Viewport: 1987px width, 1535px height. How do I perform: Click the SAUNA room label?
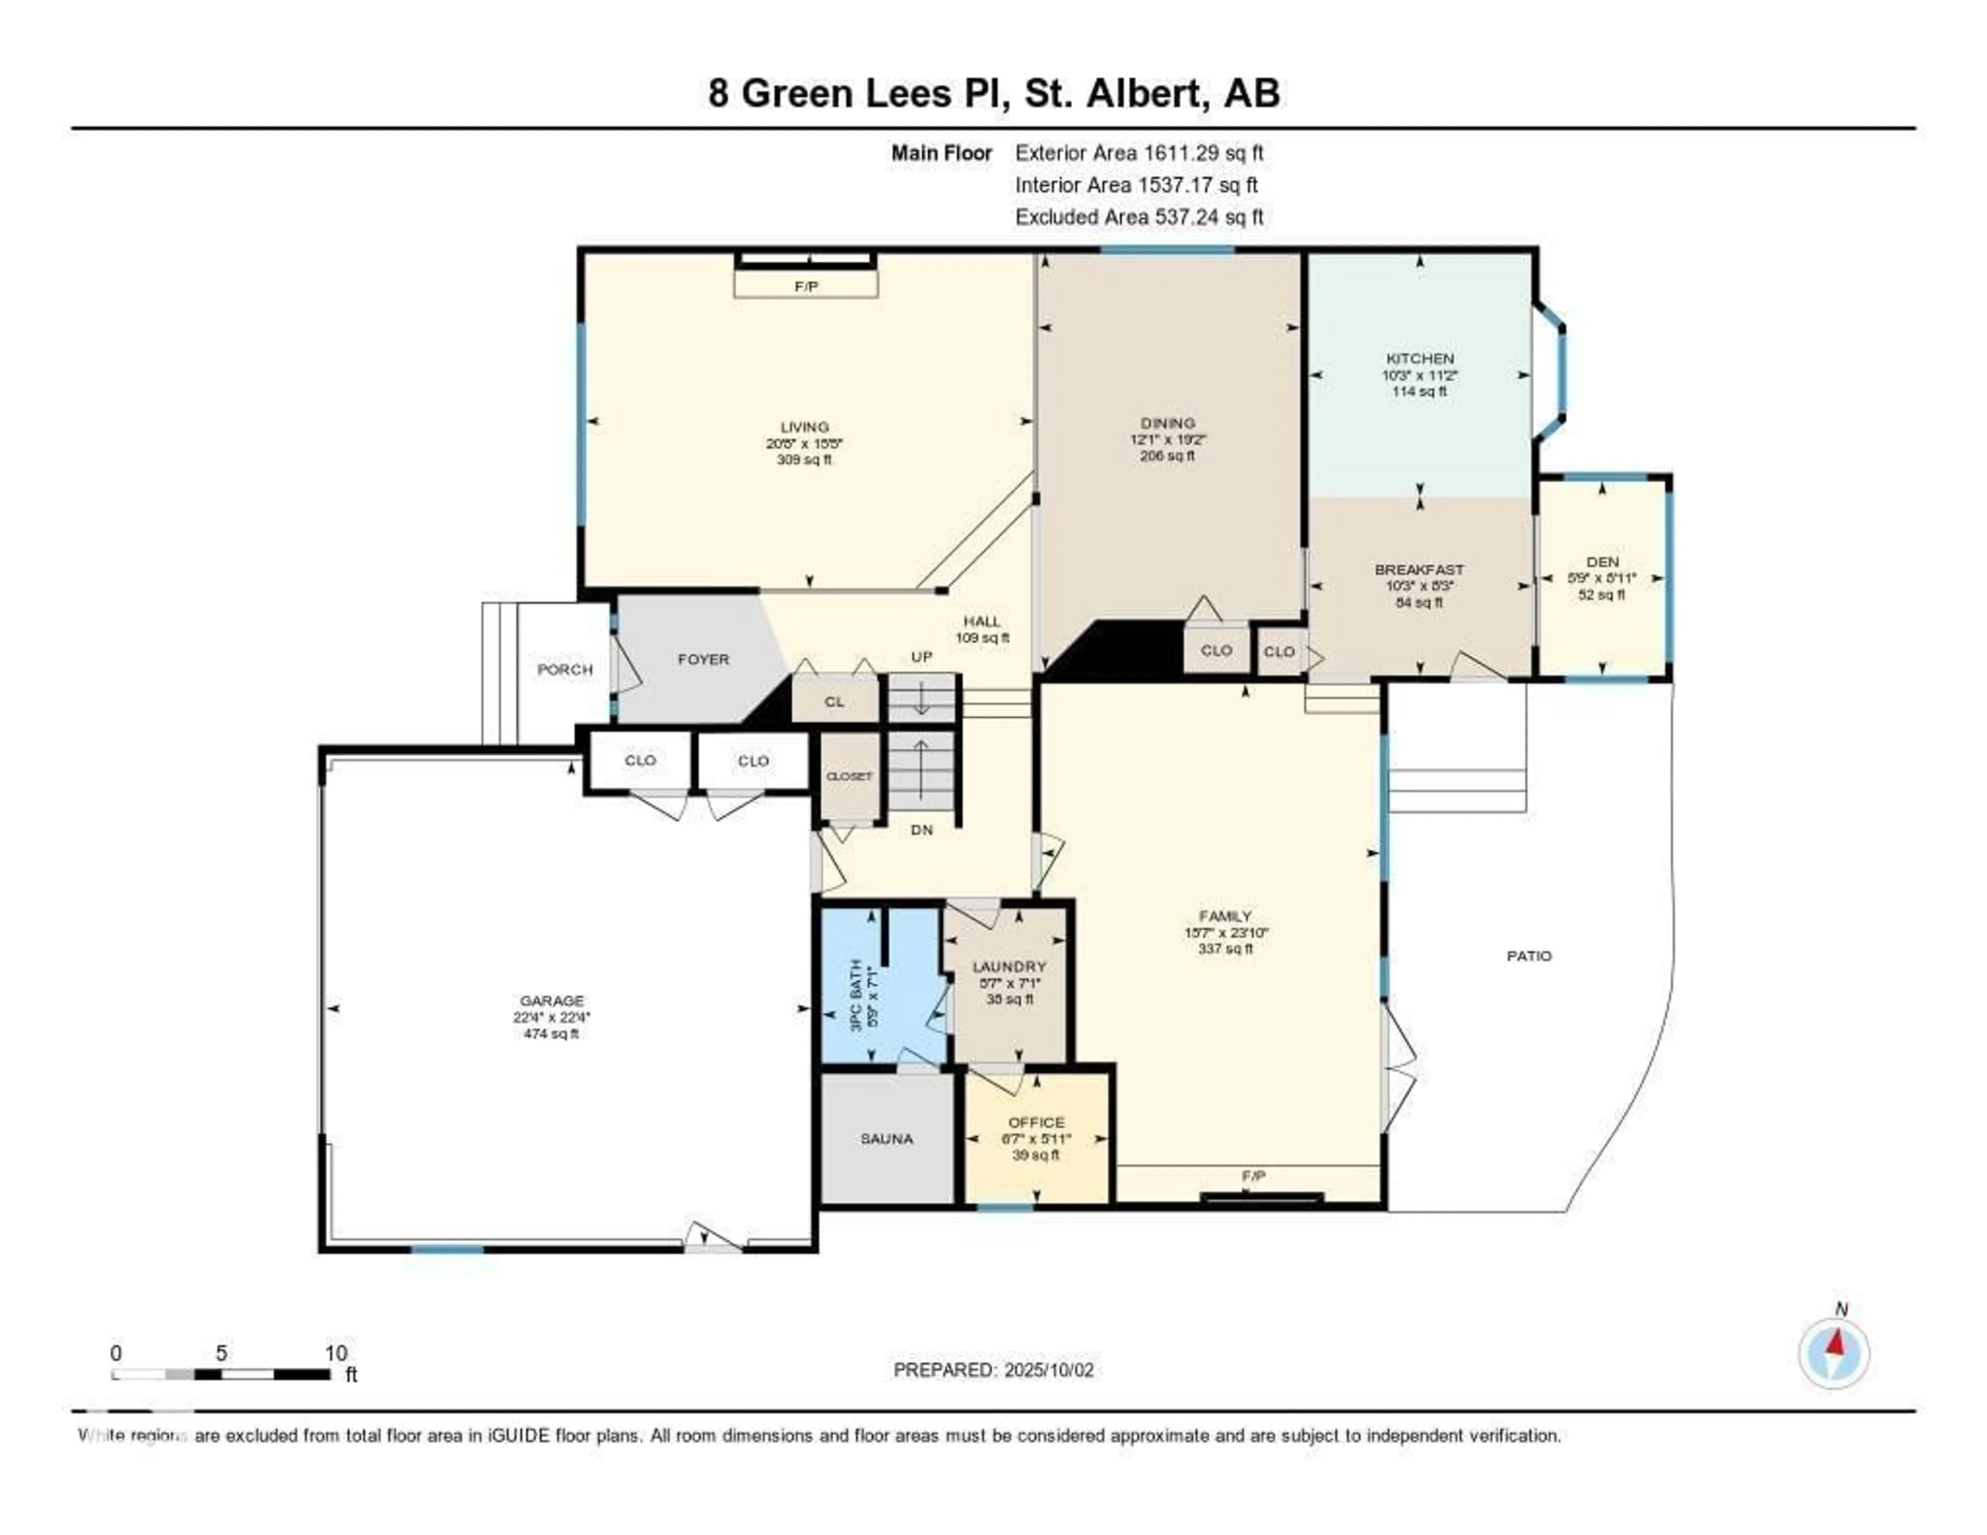tap(886, 1138)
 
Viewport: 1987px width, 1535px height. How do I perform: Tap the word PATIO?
tap(1529, 955)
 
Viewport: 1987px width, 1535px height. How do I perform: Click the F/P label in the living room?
tap(806, 287)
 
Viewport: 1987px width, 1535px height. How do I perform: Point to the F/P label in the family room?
tap(1254, 1176)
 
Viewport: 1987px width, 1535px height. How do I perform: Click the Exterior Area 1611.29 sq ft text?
tap(1139, 153)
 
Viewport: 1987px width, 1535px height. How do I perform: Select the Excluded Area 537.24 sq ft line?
tap(1139, 216)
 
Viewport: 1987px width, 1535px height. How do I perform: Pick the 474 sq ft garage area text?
tap(551, 1034)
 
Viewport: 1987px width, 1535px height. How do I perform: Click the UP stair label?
tap(922, 656)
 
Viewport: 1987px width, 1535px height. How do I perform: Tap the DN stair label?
tap(922, 830)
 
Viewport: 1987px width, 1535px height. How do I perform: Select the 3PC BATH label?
tap(855, 995)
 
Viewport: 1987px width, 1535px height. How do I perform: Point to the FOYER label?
tap(703, 659)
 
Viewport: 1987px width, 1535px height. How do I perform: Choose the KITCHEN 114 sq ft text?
tap(1419, 391)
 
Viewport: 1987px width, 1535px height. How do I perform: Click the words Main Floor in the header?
tap(942, 153)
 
